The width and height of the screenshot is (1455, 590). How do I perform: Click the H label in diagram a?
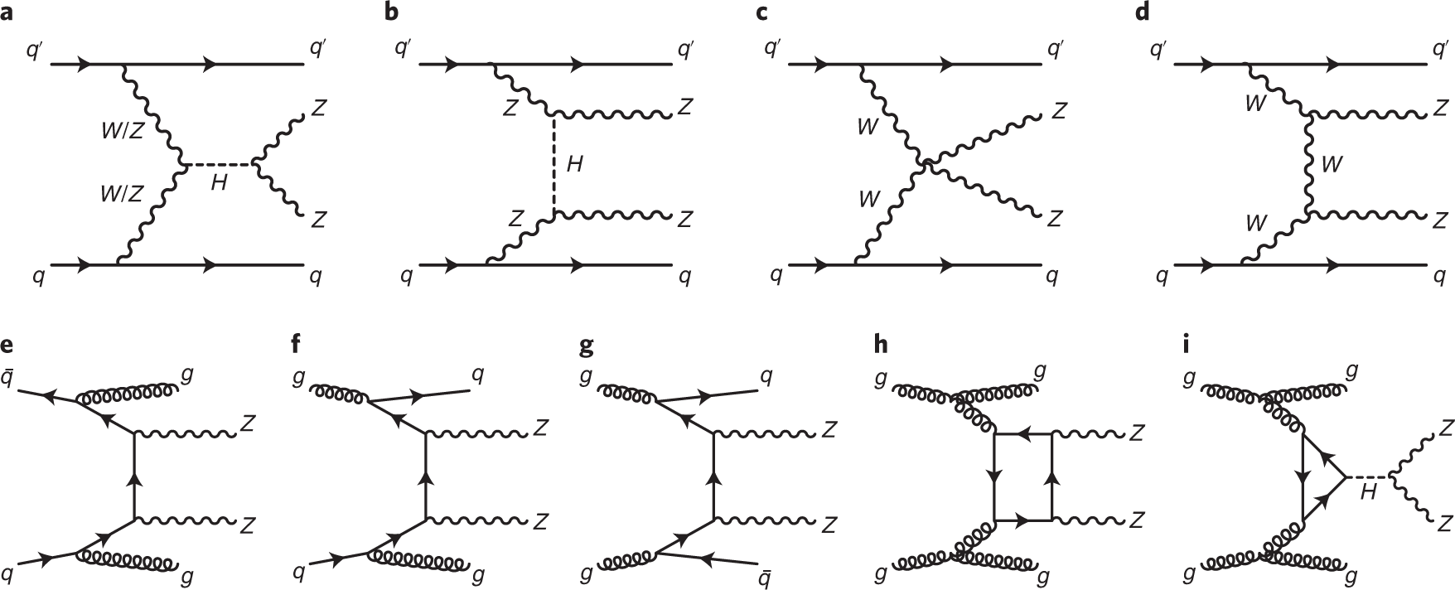click(x=219, y=182)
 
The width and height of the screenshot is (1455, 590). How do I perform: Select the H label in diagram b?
click(x=574, y=164)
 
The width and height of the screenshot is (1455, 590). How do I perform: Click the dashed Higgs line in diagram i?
click(x=1367, y=476)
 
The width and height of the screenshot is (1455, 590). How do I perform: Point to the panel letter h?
click(x=881, y=342)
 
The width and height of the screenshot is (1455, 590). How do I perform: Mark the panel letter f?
click(x=296, y=342)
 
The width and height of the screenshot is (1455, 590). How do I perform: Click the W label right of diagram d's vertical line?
click(x=1333, y=164)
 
